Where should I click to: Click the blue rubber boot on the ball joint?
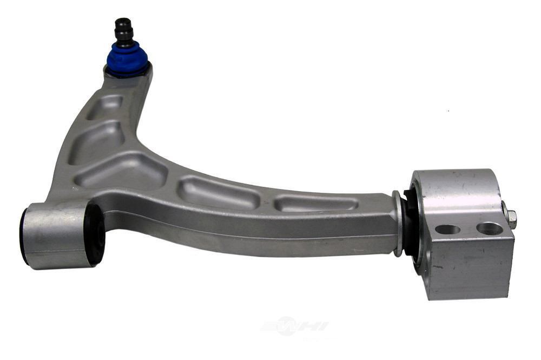(127, 57)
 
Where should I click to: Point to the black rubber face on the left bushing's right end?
(95, 234)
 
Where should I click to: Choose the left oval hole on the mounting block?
(447, 229)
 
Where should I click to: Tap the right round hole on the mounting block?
(489, 228)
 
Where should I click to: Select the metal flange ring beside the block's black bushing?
(398, 222)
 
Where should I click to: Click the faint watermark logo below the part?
(294, 326)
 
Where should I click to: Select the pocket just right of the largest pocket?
(219, 193)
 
